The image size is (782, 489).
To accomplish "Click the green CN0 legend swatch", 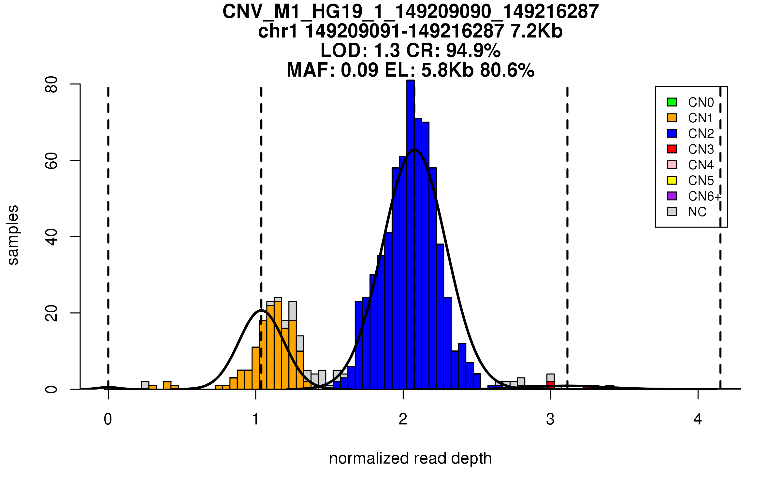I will pos(672,102).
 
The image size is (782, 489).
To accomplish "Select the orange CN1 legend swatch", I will pos(672,118).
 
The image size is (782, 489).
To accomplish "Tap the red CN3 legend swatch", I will pos(672,149).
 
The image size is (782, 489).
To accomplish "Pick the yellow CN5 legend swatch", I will pos(672,180).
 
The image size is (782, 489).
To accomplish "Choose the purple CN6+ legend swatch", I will pos(672,196).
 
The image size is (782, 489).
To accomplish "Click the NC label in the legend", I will pos(697,212).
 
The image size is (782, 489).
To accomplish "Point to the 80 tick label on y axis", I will pos(51,84).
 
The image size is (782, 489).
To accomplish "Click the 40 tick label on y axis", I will pos(51,237).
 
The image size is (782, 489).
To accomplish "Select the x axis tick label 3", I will pos(550,419).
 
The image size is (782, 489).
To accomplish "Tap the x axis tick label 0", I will pos(108,419).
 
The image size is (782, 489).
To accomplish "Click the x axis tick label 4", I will pos(698,419).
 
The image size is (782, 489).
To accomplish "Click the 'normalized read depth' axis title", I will pos(410,458).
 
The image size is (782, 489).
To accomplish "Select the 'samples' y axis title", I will pos(13,235).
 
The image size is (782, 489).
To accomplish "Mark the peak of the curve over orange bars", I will pos(261,310).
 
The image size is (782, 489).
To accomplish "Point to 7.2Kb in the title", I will pos(536,31).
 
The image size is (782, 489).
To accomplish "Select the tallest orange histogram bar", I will pos(278,346).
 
